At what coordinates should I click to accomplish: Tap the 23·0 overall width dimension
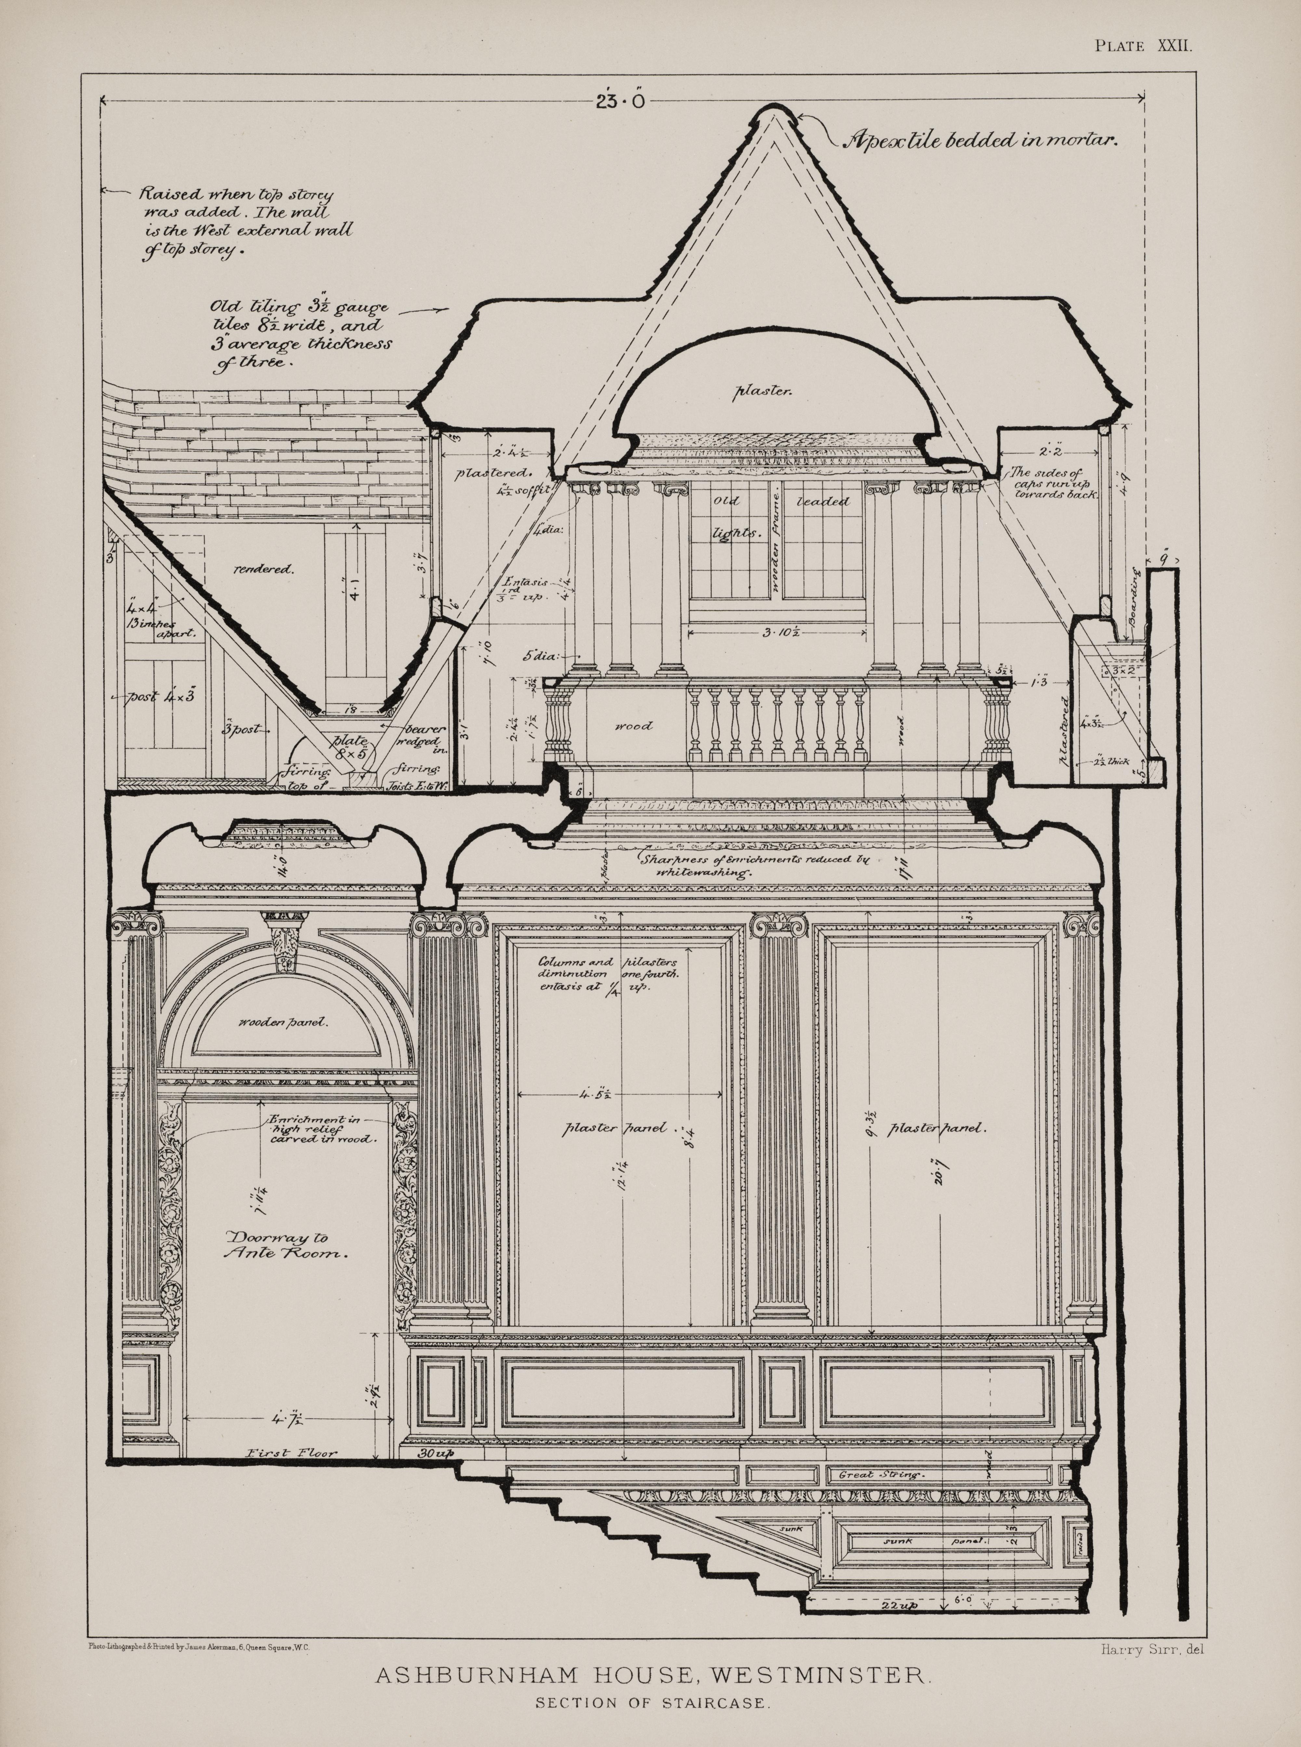coord(621,101)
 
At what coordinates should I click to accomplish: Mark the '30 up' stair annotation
coord(436,1453)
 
